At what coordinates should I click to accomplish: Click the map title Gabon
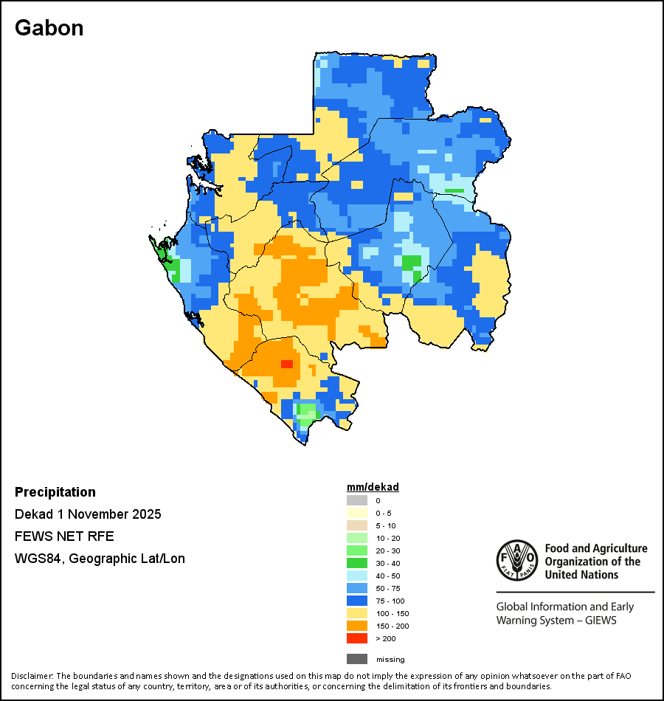click(49, 28)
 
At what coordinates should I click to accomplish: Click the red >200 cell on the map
click(287, 364)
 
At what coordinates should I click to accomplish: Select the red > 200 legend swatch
click(357, 638)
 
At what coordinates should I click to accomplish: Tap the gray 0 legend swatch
click(357, 500)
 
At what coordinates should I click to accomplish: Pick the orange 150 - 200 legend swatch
click(357, 626)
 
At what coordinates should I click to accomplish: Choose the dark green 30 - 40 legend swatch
click(357, 563)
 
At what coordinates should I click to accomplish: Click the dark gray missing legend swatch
click(357, 659)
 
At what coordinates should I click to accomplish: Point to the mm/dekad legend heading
click(373, 487)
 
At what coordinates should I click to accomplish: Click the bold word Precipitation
click(55, 492)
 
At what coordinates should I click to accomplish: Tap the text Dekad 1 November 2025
click(88, 514)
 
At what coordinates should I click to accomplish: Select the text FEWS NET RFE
click(64, 536)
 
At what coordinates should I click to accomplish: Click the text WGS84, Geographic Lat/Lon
click(100, 559)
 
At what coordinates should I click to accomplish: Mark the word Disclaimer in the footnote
click(32, 676)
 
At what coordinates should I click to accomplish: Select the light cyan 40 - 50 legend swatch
click(357, 576)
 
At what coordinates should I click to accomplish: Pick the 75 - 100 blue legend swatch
click(357, 601)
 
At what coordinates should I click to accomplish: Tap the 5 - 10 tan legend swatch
click(357, 525)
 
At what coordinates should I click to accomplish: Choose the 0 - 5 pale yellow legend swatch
click(357, 513)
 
